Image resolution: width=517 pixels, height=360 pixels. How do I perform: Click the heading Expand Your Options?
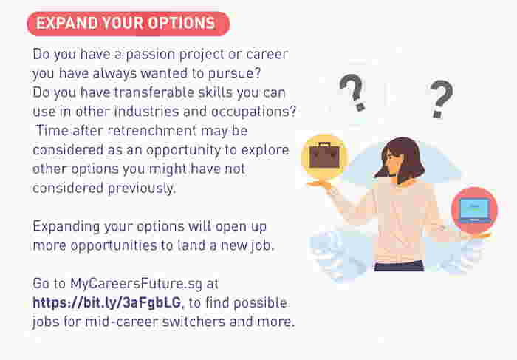coord(126,24)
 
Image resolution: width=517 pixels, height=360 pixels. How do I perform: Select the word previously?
coord(140,188)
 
